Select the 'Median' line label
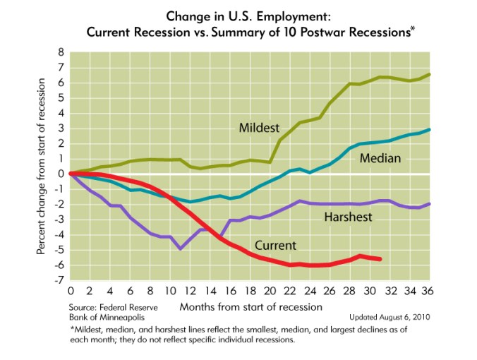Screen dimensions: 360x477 [380, 159]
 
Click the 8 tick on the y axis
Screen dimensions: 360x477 [61, 52]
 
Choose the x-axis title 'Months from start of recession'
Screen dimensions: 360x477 [250, 307]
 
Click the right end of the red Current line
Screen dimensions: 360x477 [380, 259]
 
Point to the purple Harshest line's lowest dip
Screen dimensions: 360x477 [181, 248]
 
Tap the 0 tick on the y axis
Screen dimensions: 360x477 [61, 174]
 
